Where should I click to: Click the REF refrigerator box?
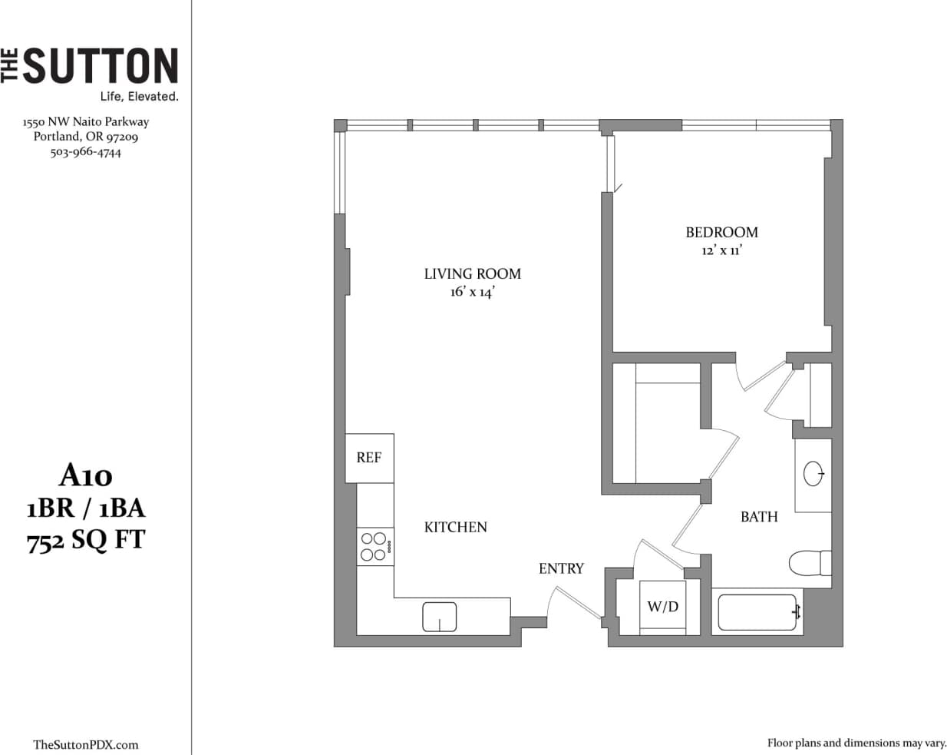(369, 458)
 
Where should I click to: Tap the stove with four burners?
(375, 547)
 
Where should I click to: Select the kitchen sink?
(439, 616)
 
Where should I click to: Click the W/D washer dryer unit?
(662, 606)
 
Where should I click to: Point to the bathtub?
(757, 612)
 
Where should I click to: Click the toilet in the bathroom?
(809, 562)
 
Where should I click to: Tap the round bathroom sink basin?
(813, 474)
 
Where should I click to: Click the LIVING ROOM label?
(472, 273)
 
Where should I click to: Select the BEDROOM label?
(721, 232)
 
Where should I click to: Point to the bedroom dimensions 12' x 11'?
(721, 251)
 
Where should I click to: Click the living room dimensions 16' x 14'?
(472, 292)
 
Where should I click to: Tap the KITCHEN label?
(455, 527)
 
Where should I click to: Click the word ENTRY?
(561, 568)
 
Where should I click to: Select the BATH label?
(759, 517)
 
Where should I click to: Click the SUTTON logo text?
(100, 66)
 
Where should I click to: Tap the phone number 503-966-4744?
(86, 152)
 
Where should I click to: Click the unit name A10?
(86, 476)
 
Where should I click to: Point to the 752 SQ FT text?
(86, 541)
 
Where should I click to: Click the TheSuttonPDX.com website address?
(86, 744)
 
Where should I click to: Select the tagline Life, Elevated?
(139, 97)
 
